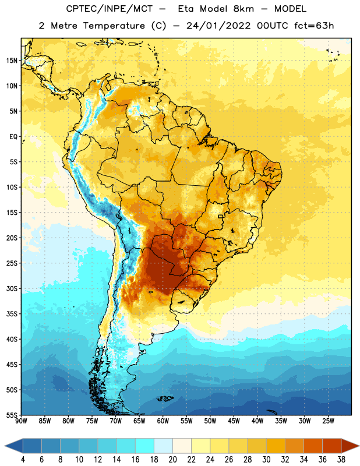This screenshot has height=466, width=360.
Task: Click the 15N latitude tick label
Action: click(x=12, y=61)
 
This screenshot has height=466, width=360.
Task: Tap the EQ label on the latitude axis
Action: click(x=13, y=137)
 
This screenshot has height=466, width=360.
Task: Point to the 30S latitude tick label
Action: click(x=12, y=288)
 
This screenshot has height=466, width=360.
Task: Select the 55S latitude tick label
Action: click(x=12, y=415)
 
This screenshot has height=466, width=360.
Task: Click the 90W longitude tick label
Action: click(x=21, y=421)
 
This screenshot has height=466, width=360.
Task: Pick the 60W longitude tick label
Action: click(x=163, y=421)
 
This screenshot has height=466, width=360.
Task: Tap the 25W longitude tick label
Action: click(x=328, y=421)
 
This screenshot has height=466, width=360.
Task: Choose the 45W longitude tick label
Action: click(x=234, y=421)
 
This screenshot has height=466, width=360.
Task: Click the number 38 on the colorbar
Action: click(x=341, y=460)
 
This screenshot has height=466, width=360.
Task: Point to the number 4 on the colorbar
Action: click(x=23, y=460)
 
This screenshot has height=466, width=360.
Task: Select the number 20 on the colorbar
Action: click(x=172, y=460)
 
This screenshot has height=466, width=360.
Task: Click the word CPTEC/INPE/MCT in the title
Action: click(x=110, y=9)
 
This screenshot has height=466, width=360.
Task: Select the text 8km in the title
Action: click(x=243, y=9)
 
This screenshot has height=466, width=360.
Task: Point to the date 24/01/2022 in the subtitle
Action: click(x=218, y=26)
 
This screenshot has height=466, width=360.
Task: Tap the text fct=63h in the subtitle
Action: click(x=314, y=26)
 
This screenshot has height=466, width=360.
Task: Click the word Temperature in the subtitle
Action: click(x=114, y=26)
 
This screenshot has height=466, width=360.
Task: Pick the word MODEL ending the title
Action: click(x=290, y=9)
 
